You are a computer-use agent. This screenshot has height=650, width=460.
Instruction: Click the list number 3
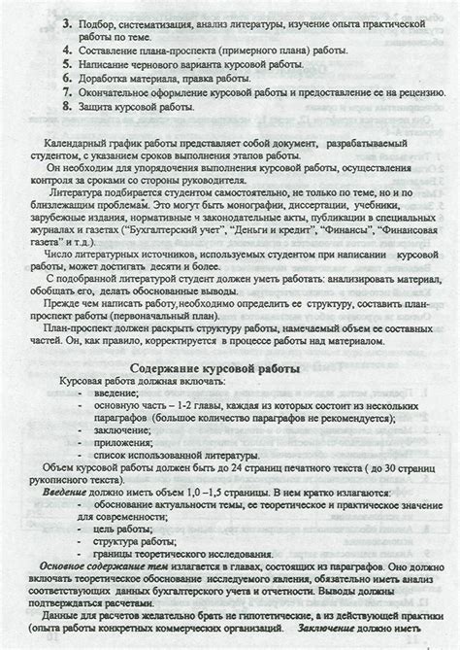[x=66, y=21]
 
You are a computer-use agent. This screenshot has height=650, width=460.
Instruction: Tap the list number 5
[x=66, y=71]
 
